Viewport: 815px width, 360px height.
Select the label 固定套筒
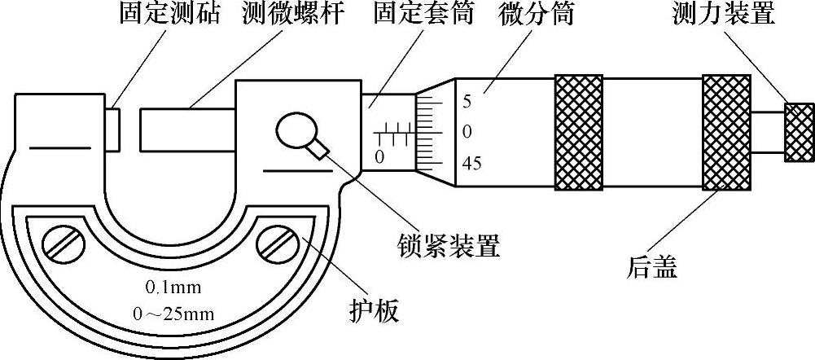426,15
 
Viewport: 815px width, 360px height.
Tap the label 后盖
653,267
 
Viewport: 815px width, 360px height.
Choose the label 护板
372,310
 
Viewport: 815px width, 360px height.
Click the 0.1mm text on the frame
173,287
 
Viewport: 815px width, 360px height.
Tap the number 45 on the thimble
471,164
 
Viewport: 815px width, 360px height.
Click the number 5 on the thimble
467,102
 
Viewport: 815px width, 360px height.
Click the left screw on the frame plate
67,244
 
